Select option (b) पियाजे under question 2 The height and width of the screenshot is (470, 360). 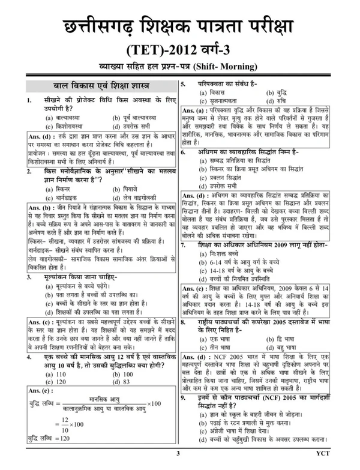[x=125, y=190]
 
